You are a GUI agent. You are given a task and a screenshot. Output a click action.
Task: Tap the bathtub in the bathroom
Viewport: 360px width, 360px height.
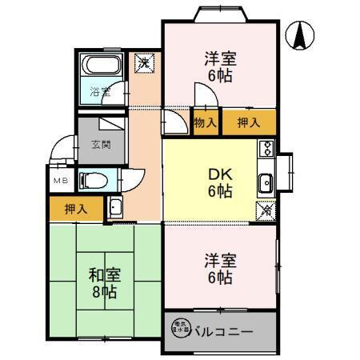tap(102, 67)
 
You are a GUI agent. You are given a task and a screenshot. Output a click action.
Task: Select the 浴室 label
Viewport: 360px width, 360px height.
tap(100, 92)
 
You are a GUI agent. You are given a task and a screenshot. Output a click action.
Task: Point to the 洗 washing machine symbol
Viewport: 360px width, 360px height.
tap(144, 62)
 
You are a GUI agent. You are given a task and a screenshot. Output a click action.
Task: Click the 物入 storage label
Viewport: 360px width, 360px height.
tap(205, 122)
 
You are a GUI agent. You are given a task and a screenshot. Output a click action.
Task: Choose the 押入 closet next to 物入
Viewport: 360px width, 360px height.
tap(250, 122)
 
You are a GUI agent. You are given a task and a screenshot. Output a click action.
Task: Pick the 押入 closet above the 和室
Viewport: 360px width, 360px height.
tap(78, 208)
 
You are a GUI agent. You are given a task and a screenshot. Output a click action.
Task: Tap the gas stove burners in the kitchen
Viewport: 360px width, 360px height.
tap(266, 149)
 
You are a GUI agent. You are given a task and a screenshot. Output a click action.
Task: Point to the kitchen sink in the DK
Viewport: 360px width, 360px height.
tap(266, 182)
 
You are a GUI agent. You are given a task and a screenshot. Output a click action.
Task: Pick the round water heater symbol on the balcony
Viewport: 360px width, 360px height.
tap(179, 327)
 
